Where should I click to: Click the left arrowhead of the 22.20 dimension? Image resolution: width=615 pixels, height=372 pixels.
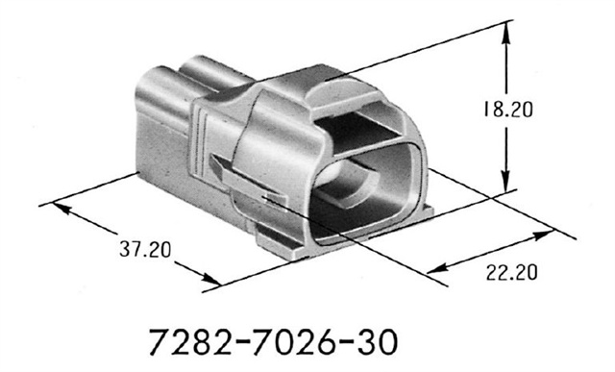430,266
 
